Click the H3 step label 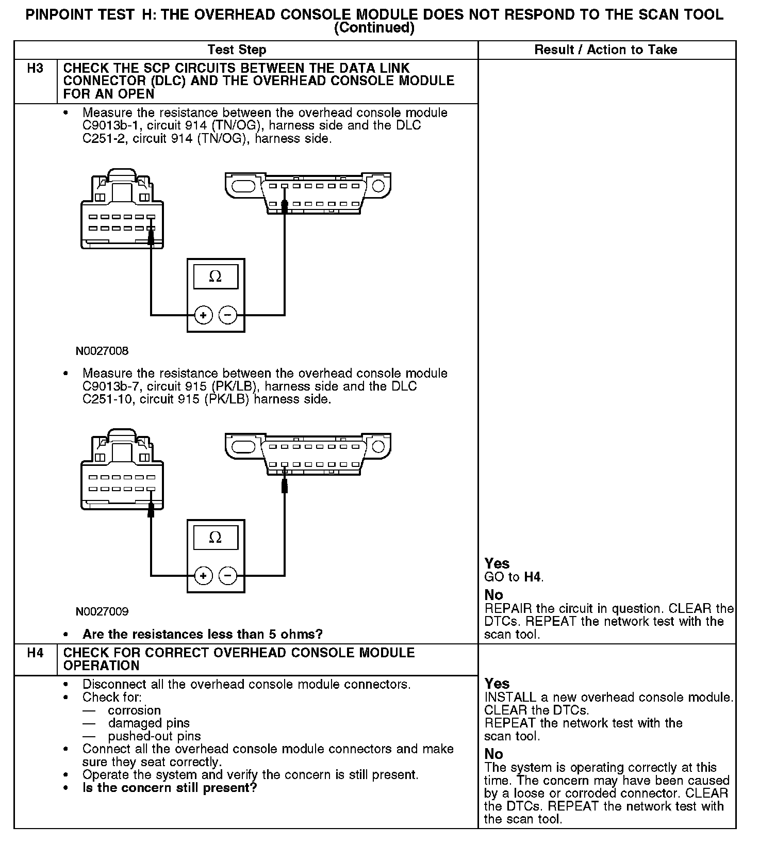pos(35,69)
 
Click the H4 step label pos(35,653)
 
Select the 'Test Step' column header pos(237,50)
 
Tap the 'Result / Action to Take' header pos(605,50)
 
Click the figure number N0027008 pos(102,351)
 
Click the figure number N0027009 pos(102,612)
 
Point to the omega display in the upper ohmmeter pos(216,277)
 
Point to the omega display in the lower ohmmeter pos(216,538)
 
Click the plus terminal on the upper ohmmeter pos(204,315)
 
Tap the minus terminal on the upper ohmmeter pos(228,315)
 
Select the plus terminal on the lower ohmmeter pos(204,575)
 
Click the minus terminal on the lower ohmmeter pos(228,575)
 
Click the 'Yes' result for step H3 pos(497,564)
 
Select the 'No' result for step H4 pos(493,754)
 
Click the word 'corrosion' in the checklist pos(134,710)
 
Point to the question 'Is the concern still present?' pos(169,788)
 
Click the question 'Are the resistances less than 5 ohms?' pos(202,634)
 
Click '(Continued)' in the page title pos(374,28)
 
